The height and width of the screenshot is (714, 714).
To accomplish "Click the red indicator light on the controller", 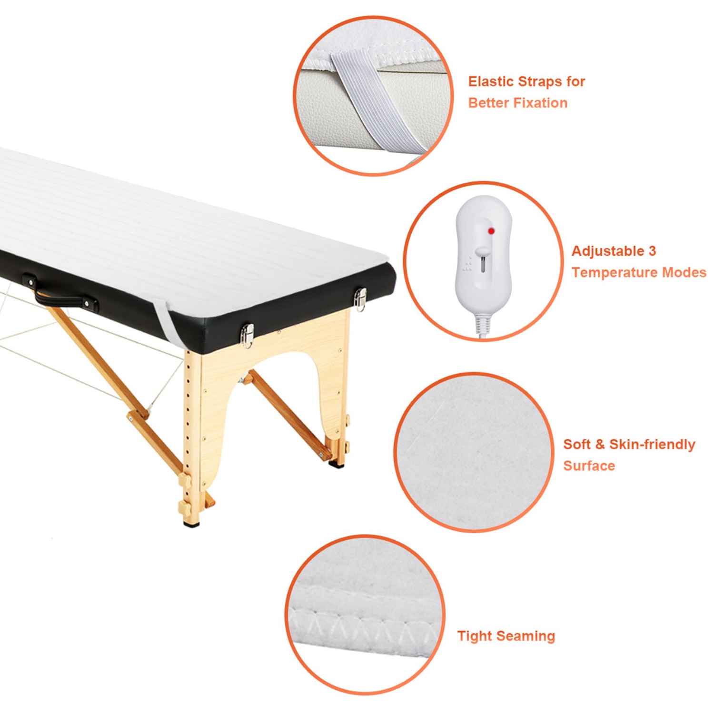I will tap(491, 231).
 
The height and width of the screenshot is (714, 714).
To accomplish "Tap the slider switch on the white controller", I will tap(482, 251).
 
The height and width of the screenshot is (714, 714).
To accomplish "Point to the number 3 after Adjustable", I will tap(652, 251).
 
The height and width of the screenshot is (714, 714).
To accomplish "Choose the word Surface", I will tap(589, 466).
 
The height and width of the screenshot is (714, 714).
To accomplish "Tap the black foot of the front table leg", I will tap(191, 523).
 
